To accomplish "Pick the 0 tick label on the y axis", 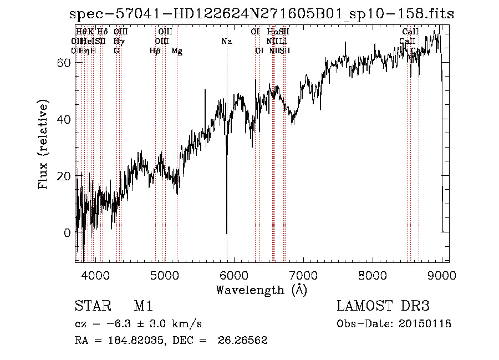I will pyautogui.click(x=67, y=232).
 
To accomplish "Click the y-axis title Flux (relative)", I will pyautogui.click(x=44, y=145).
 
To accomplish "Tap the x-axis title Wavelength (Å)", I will pyautogui.click(x=261, y=290).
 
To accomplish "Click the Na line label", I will pyautogui.click(x=226, y=42).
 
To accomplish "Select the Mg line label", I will pyautogui.click(x=177, y=51).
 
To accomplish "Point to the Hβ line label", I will pyautogui.click(x=155, y=51).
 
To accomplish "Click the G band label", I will pyautogui.click(x=116, y=51).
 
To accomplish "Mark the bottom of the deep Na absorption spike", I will pyautogui.click(x=227, y=233).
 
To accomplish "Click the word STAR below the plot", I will pyautogui.click(x=91, y=306).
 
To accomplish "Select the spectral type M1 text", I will pyautogui.click(x=143, y=306).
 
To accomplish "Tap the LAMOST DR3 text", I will pyautogui.click(x=383, y=306).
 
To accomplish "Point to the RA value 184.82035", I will pyautogui.click(x=130, y=341).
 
